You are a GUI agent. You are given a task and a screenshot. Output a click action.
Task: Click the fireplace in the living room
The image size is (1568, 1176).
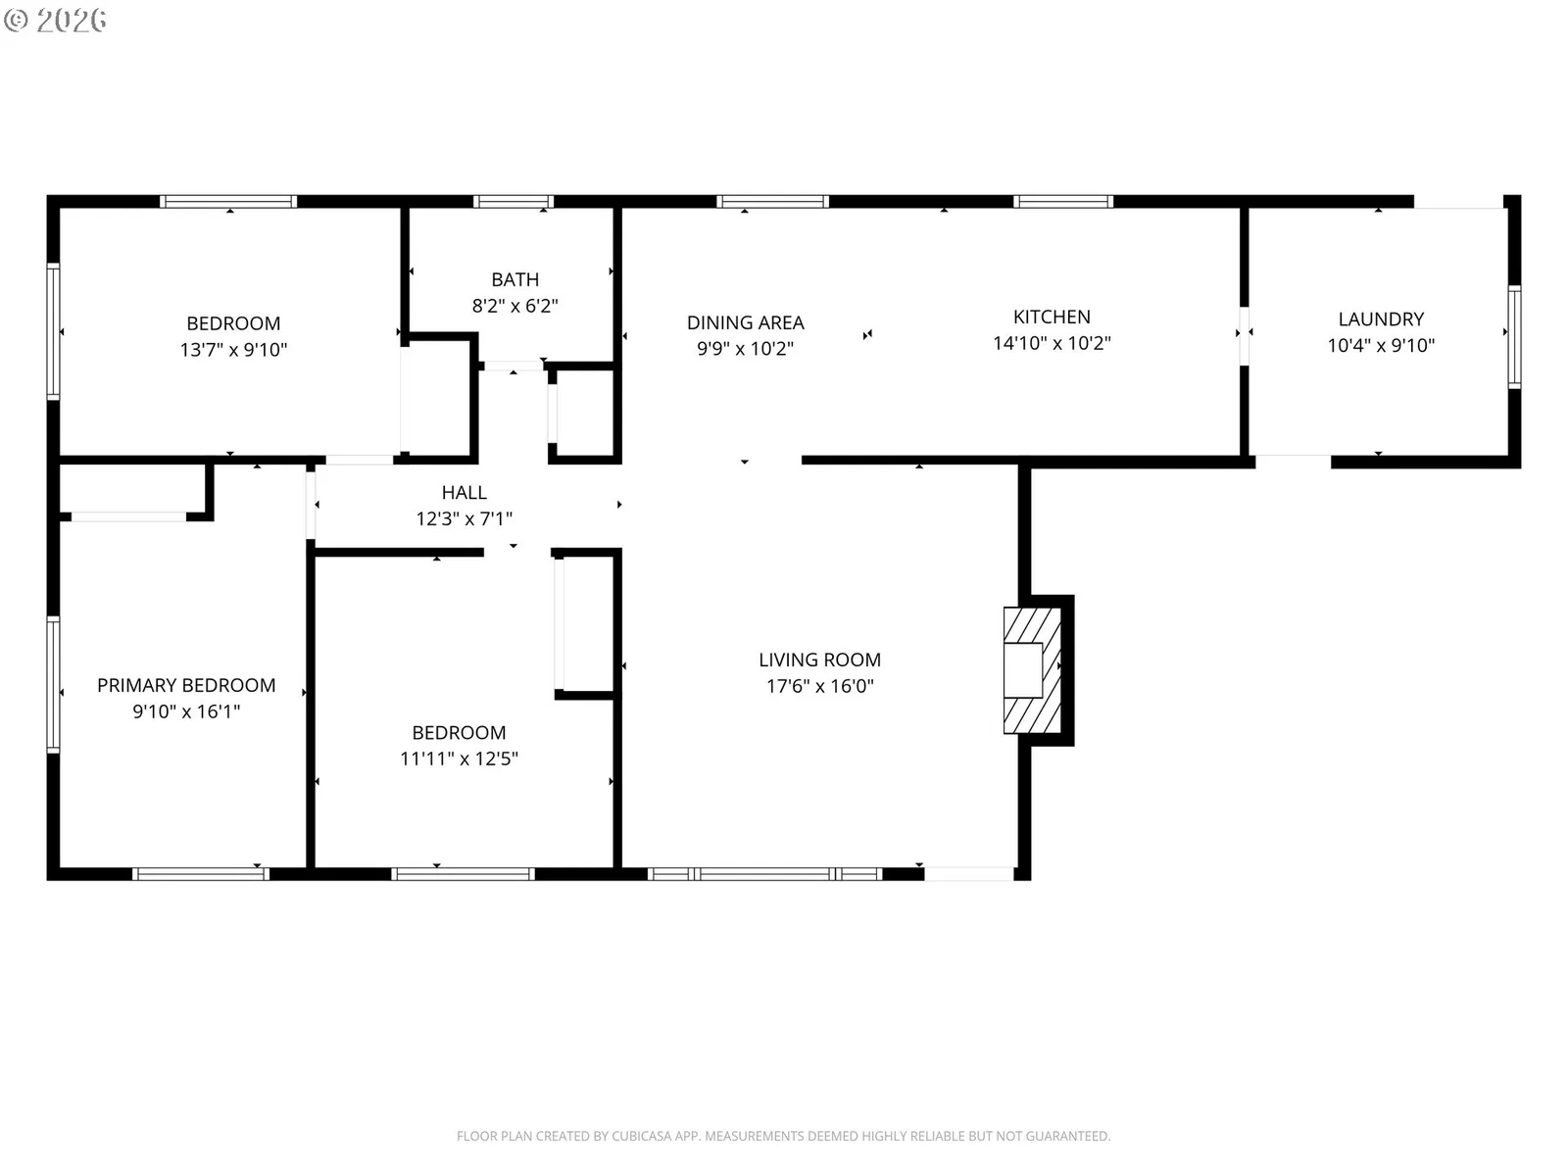point(1032,669)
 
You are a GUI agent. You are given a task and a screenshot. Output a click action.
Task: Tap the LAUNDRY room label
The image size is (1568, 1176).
point(1380,319)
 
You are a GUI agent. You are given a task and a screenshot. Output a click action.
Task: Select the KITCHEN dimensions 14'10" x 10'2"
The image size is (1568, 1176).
point(1052,343)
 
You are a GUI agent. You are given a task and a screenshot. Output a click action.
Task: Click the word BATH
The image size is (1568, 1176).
point(514,279)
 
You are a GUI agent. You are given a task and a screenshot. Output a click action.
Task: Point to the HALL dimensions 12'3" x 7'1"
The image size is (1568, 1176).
point(464,518)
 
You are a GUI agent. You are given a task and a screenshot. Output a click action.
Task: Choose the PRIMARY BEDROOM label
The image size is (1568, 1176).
point(186,685)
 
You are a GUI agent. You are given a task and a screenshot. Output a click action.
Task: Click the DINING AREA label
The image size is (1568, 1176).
point(745,322)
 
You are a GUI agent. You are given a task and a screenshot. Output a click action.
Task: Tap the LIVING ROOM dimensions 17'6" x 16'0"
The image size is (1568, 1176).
point(819,686)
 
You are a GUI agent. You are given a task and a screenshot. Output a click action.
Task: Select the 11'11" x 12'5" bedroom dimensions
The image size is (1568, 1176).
point(459,759)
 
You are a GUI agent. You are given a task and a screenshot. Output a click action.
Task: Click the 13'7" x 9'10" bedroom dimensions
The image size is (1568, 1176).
point(233,350)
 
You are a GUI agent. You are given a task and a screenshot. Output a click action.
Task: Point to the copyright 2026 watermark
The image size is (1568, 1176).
point(55,20)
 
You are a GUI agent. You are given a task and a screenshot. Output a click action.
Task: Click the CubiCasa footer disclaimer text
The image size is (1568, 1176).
point(783,1136)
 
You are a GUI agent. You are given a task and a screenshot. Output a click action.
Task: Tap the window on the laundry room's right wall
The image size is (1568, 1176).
point(1514,336)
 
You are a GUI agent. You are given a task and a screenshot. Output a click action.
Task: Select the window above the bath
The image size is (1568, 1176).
point(513,201)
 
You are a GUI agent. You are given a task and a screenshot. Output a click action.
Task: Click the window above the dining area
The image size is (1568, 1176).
point(772,201)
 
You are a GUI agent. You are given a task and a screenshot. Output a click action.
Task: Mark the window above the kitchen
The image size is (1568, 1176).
point(1062,201)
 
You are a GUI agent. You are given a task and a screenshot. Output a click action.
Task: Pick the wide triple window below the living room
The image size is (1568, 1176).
point(764,874)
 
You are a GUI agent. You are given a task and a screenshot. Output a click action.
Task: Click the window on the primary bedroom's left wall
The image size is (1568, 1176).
point(53,684)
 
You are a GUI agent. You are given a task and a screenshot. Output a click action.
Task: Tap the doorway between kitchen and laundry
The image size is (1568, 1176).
point(1244,335)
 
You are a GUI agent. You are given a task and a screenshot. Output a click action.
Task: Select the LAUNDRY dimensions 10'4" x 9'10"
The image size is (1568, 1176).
point(1380,346)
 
